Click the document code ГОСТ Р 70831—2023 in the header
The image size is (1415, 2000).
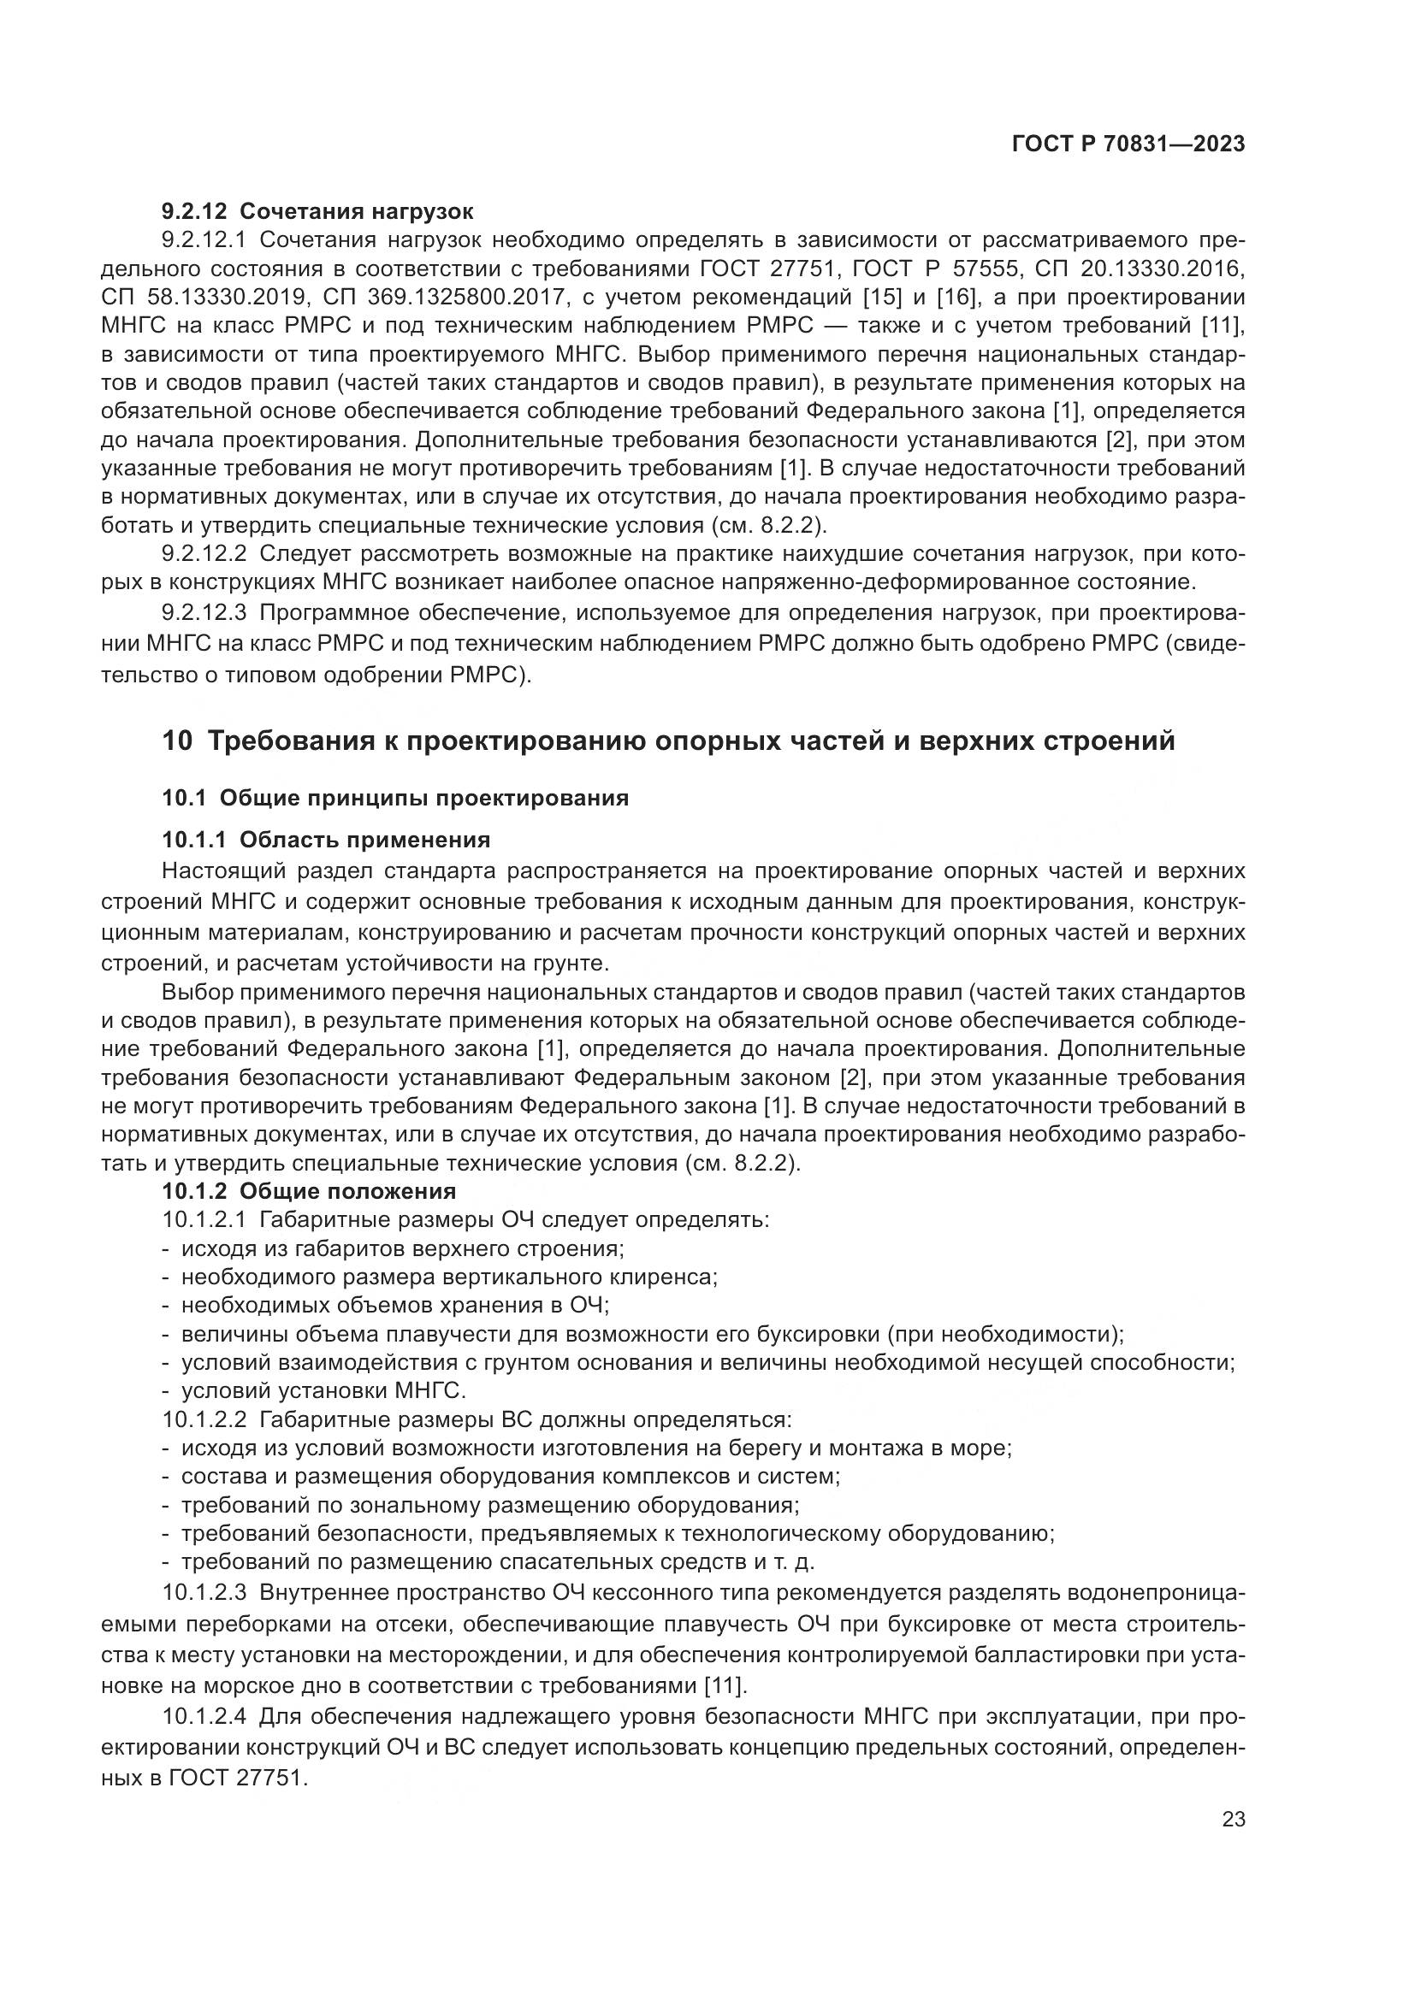[1128, 145]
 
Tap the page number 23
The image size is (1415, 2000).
[1234, 1820]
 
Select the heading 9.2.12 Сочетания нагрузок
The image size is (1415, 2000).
[318, 211]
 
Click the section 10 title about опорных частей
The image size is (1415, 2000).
[668, 740]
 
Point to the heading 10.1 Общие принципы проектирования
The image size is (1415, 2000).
[394, 798]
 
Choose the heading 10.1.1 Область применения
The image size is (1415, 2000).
[326, 840]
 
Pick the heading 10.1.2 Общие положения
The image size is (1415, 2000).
[309, 1191]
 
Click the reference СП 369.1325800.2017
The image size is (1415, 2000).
[435, 297]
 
